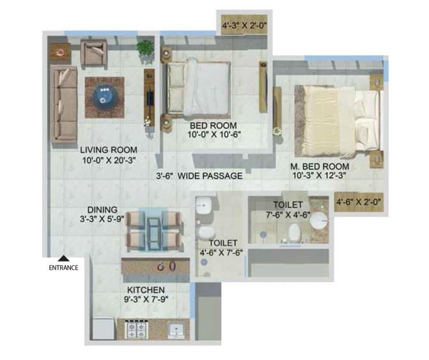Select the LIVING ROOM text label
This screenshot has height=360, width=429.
tap(109, 150)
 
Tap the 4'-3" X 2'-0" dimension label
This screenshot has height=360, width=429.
tap(243, 27)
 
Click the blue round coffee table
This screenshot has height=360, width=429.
tap(104, 97)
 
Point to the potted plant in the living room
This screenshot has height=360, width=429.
tap(146, 48)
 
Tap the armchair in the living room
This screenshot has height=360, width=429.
tap(95, 54)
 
